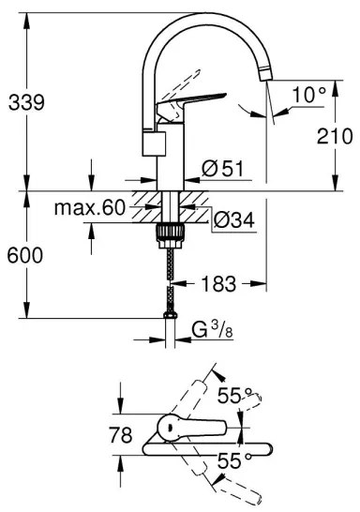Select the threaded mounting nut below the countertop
coord(170,232)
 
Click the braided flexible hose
coord(170,277)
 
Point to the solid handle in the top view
coord(187,430)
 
